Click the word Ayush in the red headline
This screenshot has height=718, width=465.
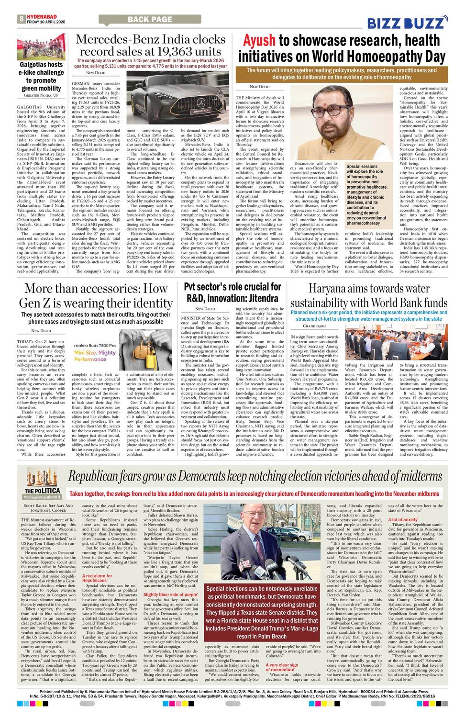[x=259, y=40]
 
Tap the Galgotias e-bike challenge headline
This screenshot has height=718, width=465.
[x=41, y=76]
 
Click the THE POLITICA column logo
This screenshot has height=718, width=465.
[x=43, y=491]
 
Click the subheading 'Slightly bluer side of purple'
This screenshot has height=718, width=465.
[x=170, y=595]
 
